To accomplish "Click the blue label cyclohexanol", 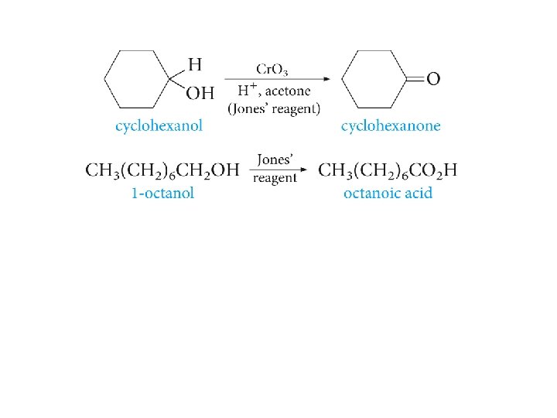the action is point(159,126).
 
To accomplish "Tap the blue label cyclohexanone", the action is point(391,126).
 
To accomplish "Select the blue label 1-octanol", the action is point(162,193).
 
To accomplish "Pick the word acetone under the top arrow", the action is point(291,91).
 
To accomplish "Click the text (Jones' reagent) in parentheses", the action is point(274,108).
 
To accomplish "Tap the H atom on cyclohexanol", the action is point(196,64).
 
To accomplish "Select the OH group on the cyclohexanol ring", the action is point(200,93).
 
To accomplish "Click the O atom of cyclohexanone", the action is point(433,79).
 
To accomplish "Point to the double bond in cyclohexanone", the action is point(415,79).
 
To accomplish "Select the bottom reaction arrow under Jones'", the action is point(278,170).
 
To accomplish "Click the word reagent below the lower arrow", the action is point(275,179).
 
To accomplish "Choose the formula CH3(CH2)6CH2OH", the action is point(162,170).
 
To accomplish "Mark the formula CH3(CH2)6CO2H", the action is point(388,170).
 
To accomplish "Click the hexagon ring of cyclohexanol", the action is point(138,79).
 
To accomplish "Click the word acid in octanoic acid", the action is point(417,193).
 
